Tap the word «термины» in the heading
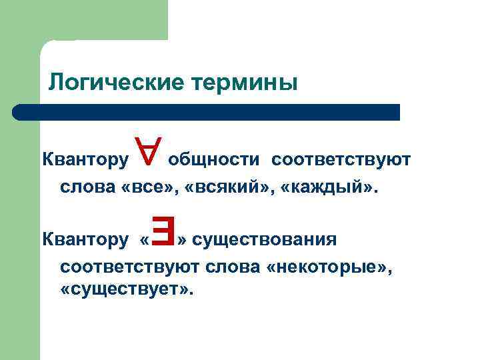(244, 83)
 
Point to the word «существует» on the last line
(126, 291)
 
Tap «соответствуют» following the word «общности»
(342, 160)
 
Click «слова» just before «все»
(88, 189)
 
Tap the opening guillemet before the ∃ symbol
(145, 239)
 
